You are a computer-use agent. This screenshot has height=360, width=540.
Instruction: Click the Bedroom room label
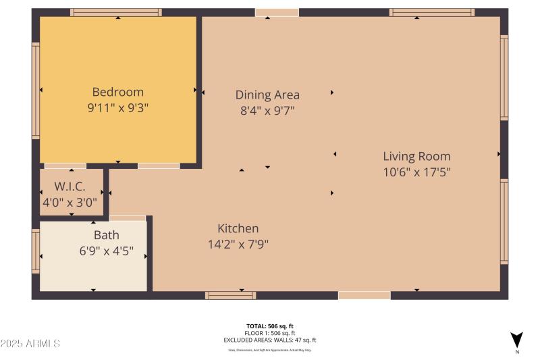pyautogui.click(x=117, y=92)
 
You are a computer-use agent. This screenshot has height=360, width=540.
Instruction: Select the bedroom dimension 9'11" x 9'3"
pyautogui.click(x=117, y=108)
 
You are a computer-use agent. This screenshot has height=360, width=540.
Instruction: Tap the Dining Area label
pyautogui.click(x=267, y=95)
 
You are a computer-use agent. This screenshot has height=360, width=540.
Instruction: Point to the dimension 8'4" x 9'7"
pyautogui.click(x=267, y=110)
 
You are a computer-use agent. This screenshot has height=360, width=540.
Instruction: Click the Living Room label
pyautogui.click(x=416, y=156)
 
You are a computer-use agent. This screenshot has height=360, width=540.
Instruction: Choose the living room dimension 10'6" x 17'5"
pyautogui.click(x=416, y=172)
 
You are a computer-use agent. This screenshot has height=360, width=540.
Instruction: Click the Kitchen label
pyautogui.click(x=238, y=228)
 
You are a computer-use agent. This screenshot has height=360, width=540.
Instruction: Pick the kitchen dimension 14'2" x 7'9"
pyautogui.click(x=238, y=245)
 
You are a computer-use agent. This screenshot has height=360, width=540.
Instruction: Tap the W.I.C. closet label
pyautogui.click(x=70, y=186)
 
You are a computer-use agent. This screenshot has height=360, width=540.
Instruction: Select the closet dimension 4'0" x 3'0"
pyautogui.click(x=70, y=201)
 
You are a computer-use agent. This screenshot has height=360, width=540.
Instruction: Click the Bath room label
pyautogui.click(x=106, y=235)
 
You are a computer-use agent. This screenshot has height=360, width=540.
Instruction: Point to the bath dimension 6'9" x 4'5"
pyautogui.click(x=106, y=251)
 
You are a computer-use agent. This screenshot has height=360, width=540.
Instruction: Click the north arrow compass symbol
pyautogui.click(x=516, y=340)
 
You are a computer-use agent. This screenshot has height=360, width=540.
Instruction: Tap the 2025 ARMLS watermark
pyautogui.click(x=30, y=344)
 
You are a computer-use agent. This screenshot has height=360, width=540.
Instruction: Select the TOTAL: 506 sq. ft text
pyautogui.click(x=269, y=326)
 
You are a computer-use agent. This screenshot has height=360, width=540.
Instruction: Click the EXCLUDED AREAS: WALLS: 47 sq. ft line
pyautogui.click(x=269, y=340)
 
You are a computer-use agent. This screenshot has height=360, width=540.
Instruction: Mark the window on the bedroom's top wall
pyautogui.click(x=116, y=12)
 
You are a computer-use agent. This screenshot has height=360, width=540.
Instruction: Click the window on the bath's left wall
pyautogui.click(x=36, y=251)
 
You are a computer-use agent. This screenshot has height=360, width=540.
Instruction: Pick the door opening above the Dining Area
pyautogui.click(x=277, y=12)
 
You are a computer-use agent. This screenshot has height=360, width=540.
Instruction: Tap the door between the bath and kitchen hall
pyautogui.click(x=127, y=218)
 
